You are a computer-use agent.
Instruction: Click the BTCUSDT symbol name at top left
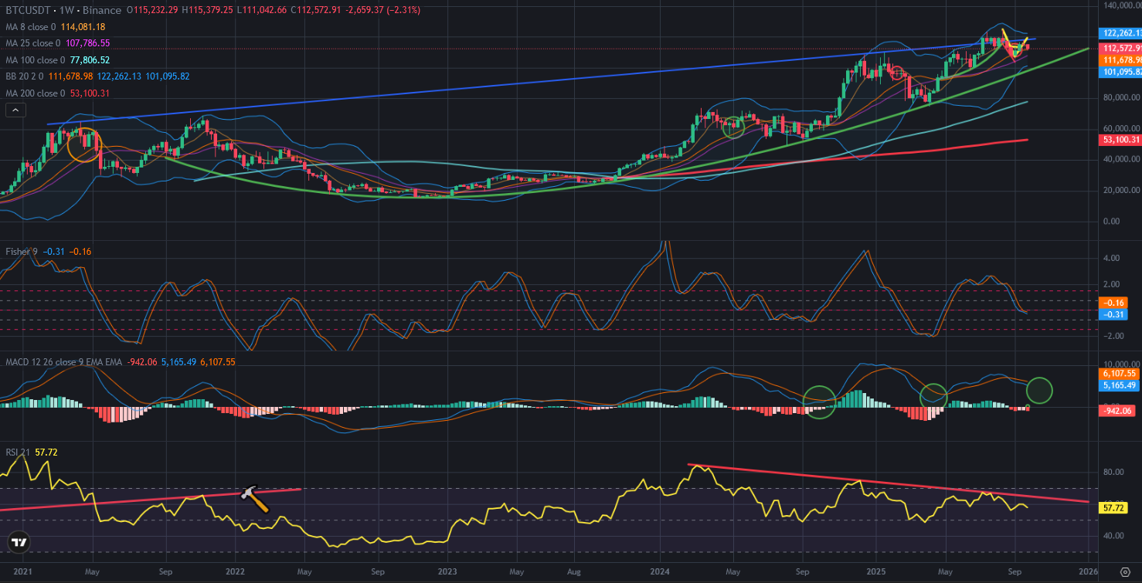coord(29,10)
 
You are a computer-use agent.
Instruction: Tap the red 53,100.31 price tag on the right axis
coord(1120,140)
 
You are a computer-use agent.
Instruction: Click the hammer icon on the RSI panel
coord(255,499)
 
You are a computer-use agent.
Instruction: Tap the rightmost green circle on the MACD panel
coord(1040,390)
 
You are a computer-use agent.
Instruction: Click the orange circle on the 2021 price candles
coord(85,144)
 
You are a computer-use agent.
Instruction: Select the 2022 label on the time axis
coord(236,572)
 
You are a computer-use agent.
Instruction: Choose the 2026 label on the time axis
coord(1088,572)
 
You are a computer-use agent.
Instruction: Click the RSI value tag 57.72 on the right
coord(1113,508)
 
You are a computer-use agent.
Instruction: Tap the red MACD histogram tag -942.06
coord(1117,411)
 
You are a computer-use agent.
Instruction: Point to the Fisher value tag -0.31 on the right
coord(1113,314)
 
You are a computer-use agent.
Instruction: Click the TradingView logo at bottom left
coord(19,543)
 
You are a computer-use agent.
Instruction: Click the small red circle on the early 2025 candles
coord(897,73)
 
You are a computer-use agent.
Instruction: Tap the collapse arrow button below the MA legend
coord(15,110)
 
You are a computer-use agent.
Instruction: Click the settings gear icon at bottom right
coord(1124,572)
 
